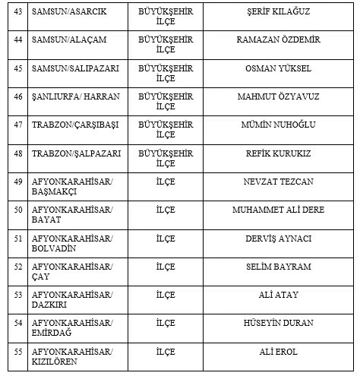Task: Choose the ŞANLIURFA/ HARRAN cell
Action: (71, 96)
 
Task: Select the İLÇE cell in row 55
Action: (166, 351)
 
